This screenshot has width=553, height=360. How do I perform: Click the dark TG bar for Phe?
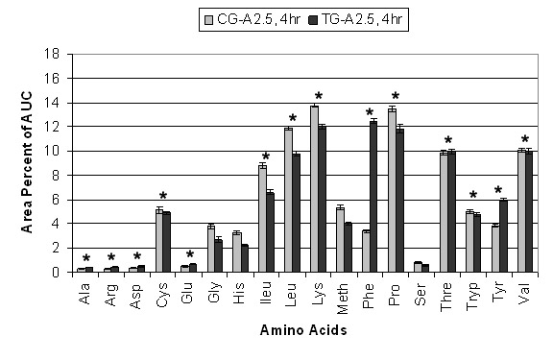373,197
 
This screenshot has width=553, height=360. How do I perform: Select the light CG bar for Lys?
314,189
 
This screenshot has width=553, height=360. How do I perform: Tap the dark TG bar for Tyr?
504,236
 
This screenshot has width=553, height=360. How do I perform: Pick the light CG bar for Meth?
340,240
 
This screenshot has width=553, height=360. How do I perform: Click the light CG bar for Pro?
392,190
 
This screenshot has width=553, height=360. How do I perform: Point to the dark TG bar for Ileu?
270,232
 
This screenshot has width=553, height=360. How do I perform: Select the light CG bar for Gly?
211,249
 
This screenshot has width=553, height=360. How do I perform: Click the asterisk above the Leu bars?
293,118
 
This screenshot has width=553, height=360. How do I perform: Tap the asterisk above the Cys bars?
163,196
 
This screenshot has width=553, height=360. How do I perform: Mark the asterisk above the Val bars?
525,139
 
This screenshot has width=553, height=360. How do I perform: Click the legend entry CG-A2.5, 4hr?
252,19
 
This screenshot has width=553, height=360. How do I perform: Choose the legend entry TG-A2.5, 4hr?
356,19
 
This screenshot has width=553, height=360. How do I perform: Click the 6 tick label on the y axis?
56,200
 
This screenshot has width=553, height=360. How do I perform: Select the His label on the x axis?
239,293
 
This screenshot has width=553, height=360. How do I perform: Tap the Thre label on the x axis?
446,297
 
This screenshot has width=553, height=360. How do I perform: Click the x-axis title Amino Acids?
303,330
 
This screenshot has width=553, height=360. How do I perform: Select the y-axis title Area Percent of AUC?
27,162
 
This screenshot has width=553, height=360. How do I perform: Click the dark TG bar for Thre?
451,212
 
